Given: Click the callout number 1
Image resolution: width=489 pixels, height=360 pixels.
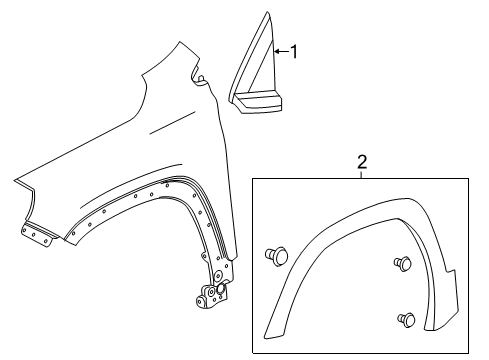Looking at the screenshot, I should coord(295,51).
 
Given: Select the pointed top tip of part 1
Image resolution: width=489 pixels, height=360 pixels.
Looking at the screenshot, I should coord(268,13).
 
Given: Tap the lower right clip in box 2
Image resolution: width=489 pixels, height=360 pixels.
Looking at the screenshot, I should coord(408,320).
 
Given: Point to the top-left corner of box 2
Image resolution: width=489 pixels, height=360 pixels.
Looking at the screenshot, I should coord(252,177).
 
